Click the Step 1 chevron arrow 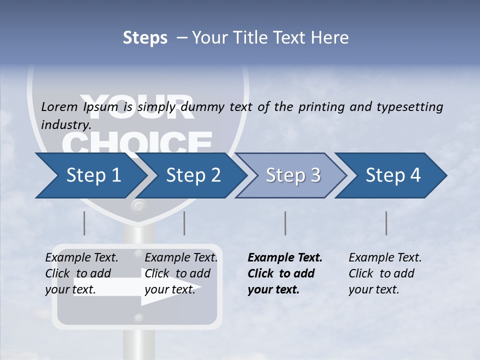(x=93, y=175)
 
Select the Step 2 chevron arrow (x=193, y=175)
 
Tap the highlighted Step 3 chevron (x=293, y=175)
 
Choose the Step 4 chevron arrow (x=393, y=175)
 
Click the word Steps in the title (x=145, y=37)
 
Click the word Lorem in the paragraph (x=59, y=106)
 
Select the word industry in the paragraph (x=66, y=124)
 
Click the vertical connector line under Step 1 (x=84, y=223)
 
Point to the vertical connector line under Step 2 (x=184, y=223)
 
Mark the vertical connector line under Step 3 (x=285, y=223)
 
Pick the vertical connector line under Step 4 (x=386, y=223)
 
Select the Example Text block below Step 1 (x=81, y=273)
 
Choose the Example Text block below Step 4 (x=385, y=273)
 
